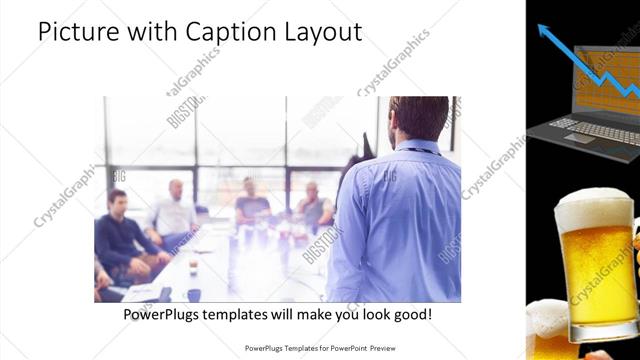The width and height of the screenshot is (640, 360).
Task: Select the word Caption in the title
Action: [218, 33]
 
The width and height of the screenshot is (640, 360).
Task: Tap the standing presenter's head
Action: [418, 118]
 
